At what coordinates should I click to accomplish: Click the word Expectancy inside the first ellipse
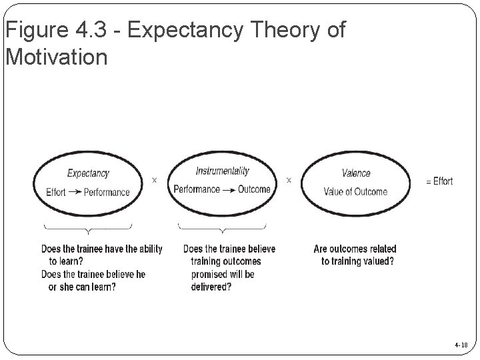(x=87, y=173)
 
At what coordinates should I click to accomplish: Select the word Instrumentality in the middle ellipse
(x=223, y=171)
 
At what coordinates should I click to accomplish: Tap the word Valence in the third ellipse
(x=356, y=173)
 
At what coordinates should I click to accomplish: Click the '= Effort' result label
(x=439, y=181)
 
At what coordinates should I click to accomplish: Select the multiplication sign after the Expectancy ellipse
(x=155, y=180)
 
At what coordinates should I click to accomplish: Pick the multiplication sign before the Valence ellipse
(x=289, y=180)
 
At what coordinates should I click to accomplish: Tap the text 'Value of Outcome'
(x=355, y=192)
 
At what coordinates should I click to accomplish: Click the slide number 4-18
(x=461, y=345)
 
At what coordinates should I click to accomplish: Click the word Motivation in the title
(x=56, y=57)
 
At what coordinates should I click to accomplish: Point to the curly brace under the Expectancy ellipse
(x=87, y=229)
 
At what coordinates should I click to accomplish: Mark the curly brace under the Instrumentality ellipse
(x=223, y=229)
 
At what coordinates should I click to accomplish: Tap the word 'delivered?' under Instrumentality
(x=211, y=287)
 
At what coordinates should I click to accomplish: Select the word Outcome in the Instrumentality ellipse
(x=254, y=189)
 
